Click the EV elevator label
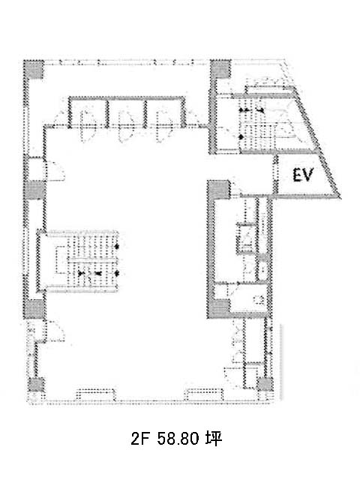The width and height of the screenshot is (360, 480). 303,175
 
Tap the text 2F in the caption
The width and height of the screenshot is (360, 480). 139,438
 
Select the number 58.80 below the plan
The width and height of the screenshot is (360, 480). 178,438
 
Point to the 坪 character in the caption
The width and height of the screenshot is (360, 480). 214,438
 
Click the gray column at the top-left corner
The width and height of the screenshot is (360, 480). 34,69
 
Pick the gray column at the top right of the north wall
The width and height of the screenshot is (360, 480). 220,68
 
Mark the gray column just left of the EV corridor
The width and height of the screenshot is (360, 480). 219,190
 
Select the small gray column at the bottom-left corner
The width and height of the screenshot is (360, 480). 36,385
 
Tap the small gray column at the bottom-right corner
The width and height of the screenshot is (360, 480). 265,384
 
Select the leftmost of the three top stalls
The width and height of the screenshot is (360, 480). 88,112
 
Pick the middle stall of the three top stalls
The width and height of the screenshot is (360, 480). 127,112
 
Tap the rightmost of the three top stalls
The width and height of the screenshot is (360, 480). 165,112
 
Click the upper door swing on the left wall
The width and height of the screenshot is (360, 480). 55,170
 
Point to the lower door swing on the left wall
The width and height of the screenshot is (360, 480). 55,331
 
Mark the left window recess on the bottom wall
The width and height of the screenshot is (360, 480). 95,394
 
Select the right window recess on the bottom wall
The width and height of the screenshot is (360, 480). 205,394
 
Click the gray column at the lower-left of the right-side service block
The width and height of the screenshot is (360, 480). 218,308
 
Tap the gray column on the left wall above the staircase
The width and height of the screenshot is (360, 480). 34,190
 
